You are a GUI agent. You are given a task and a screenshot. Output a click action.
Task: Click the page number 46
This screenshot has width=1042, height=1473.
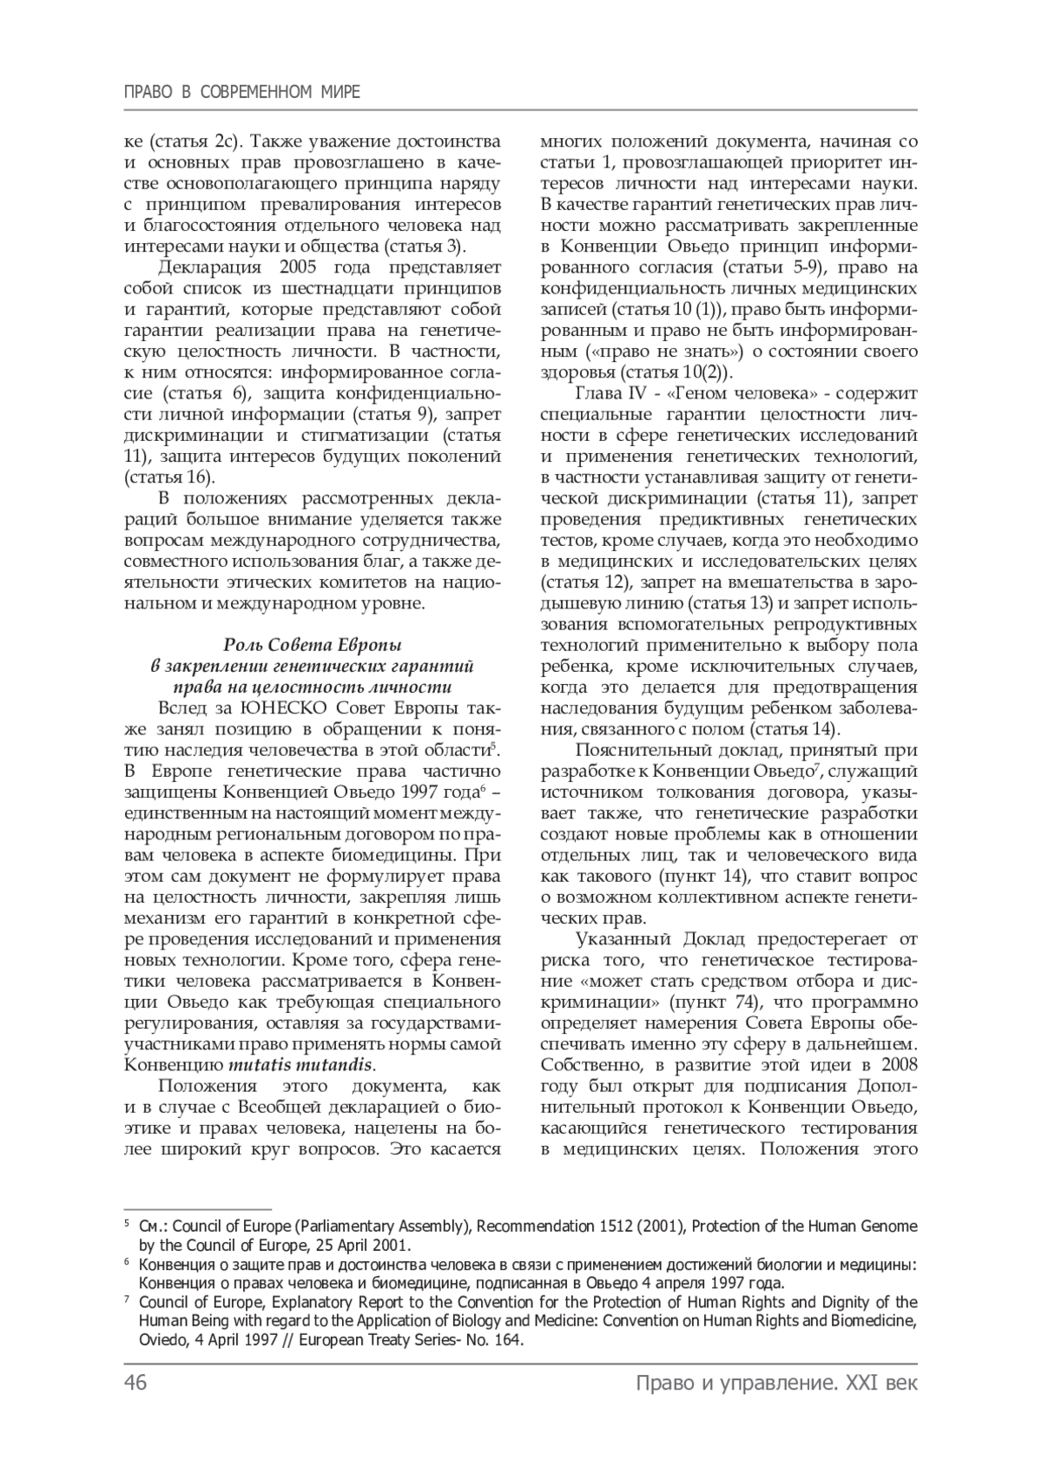pyautogui.click(x=135, y=1383)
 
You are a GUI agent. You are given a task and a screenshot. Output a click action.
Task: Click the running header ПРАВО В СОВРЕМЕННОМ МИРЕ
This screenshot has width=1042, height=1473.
pyautogui.click(x=242, y=91)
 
